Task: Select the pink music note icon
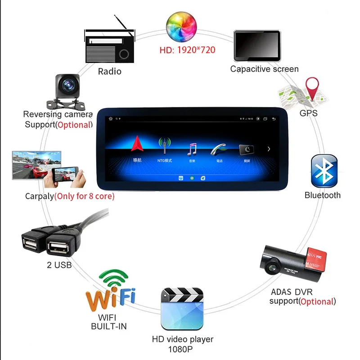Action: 193,149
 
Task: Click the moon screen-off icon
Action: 247,150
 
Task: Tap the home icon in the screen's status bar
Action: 110,119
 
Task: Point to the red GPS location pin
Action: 312,87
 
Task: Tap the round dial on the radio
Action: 124,54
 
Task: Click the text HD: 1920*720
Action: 187,49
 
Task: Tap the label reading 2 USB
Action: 59,265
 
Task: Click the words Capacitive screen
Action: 264,69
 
